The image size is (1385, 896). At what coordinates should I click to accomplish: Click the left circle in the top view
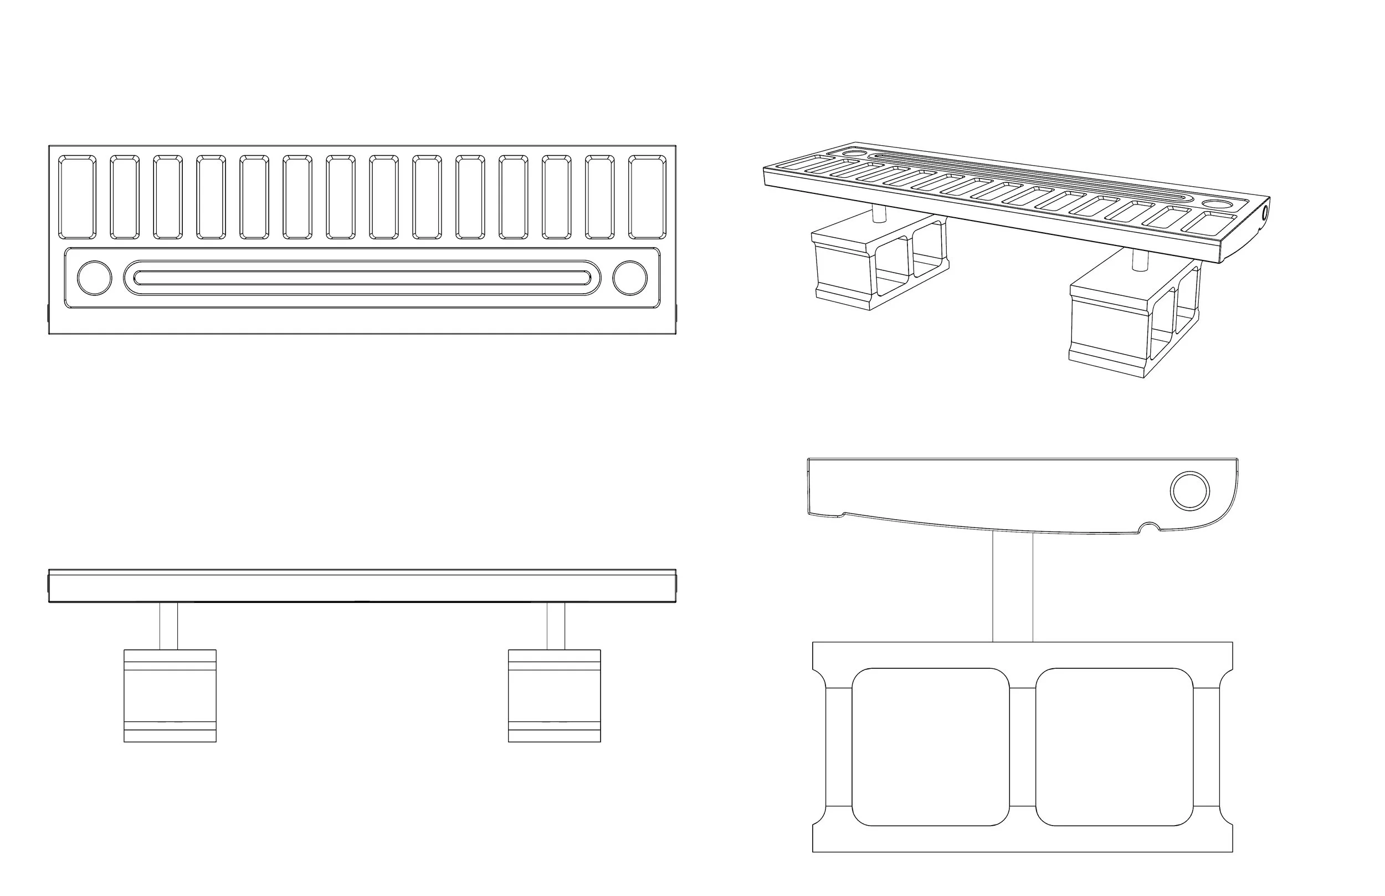[x=94, y=278]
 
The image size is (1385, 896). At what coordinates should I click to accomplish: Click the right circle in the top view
[x=629, y=278]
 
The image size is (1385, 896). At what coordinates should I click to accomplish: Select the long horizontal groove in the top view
[x=361, y=278]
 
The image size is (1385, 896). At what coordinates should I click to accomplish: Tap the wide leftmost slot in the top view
[x=78, y=197]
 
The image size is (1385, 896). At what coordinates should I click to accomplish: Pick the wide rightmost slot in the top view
[x=647, y=197]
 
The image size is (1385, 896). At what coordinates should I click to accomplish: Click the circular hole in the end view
[x=1189, y=490]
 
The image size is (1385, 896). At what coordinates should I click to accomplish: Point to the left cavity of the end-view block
[x=930, y=746]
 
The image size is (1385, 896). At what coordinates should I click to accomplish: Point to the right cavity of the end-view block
[x=1114, y=746]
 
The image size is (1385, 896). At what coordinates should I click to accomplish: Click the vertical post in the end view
[x=1013, y=587]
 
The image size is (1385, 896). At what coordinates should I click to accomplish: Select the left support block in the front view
[x=170, y=695]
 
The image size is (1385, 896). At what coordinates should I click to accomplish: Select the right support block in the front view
[x=554, y=695]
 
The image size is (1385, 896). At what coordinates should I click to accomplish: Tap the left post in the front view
[x=168, y=626]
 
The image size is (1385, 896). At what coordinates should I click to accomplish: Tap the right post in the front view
[x=556, y=626]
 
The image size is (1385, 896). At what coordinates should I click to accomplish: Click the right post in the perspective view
[x=1138, y=260]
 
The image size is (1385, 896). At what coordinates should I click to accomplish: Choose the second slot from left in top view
[x=125, y=197]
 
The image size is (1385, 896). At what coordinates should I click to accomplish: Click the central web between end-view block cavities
[x=1022, y=746]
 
